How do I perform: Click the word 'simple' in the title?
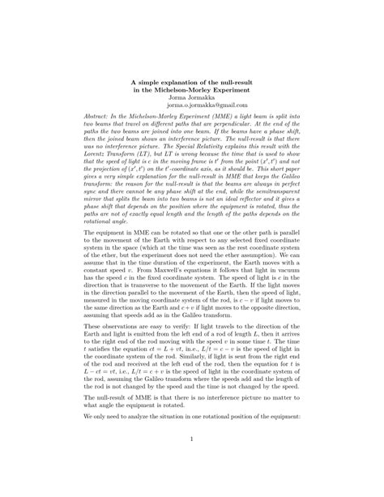[x=156, y=83]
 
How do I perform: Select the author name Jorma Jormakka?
[x=191, y=98]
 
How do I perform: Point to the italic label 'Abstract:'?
[x=98, y=118]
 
